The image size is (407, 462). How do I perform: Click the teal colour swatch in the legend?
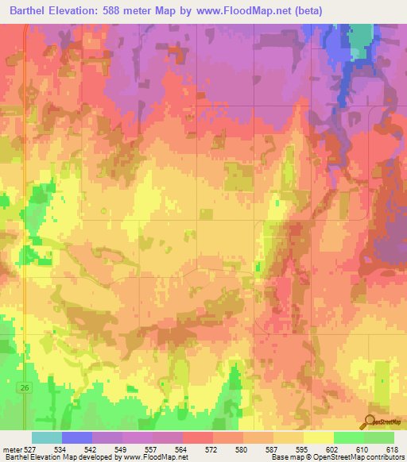47,438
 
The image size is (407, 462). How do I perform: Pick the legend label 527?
31,449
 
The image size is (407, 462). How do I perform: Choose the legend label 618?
392,449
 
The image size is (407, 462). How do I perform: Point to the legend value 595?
302,449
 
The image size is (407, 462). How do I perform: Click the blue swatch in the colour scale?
77,438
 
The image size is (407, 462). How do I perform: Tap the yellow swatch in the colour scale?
318,438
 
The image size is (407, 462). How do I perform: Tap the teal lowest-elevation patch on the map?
361,37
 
